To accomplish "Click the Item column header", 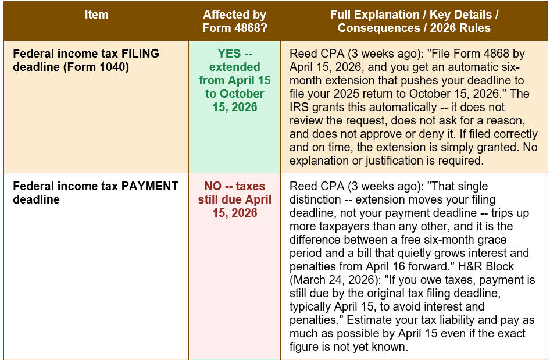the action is click(x=97, y=15).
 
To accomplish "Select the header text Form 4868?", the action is click(x=235, y=28).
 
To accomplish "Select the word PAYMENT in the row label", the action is click(x=150, y=186).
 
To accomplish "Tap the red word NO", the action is click(x=213, y=186).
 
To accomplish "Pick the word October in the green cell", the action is click(x=242, y=94).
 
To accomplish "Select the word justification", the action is click(x=394, y=161).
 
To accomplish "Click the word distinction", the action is click(x=315, y=199).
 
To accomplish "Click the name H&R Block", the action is click(x=486, y=266).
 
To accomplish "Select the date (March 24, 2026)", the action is click(x=335, y=280).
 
